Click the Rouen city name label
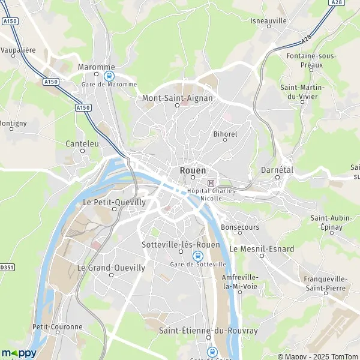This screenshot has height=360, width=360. click(193, 170)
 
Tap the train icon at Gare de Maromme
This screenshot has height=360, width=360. click(109, 76)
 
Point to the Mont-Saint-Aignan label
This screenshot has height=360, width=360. click(177, 97)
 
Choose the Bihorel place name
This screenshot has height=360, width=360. click(225, 133)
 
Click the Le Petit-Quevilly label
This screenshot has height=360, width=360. click(114, 202)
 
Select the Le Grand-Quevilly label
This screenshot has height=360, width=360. click(111, 268)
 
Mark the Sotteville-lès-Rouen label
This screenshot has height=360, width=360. click(181, 245)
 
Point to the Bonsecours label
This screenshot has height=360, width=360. click(240, 227)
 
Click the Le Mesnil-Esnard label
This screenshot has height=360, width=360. click(262, 248)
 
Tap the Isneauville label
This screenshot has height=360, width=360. click(269, 20)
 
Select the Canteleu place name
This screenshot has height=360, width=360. click(83, 144)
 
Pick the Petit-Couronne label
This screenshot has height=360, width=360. click(58, 327)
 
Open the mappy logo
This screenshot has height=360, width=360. click(19, 353)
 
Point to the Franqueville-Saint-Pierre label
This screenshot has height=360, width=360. click(325, 283)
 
